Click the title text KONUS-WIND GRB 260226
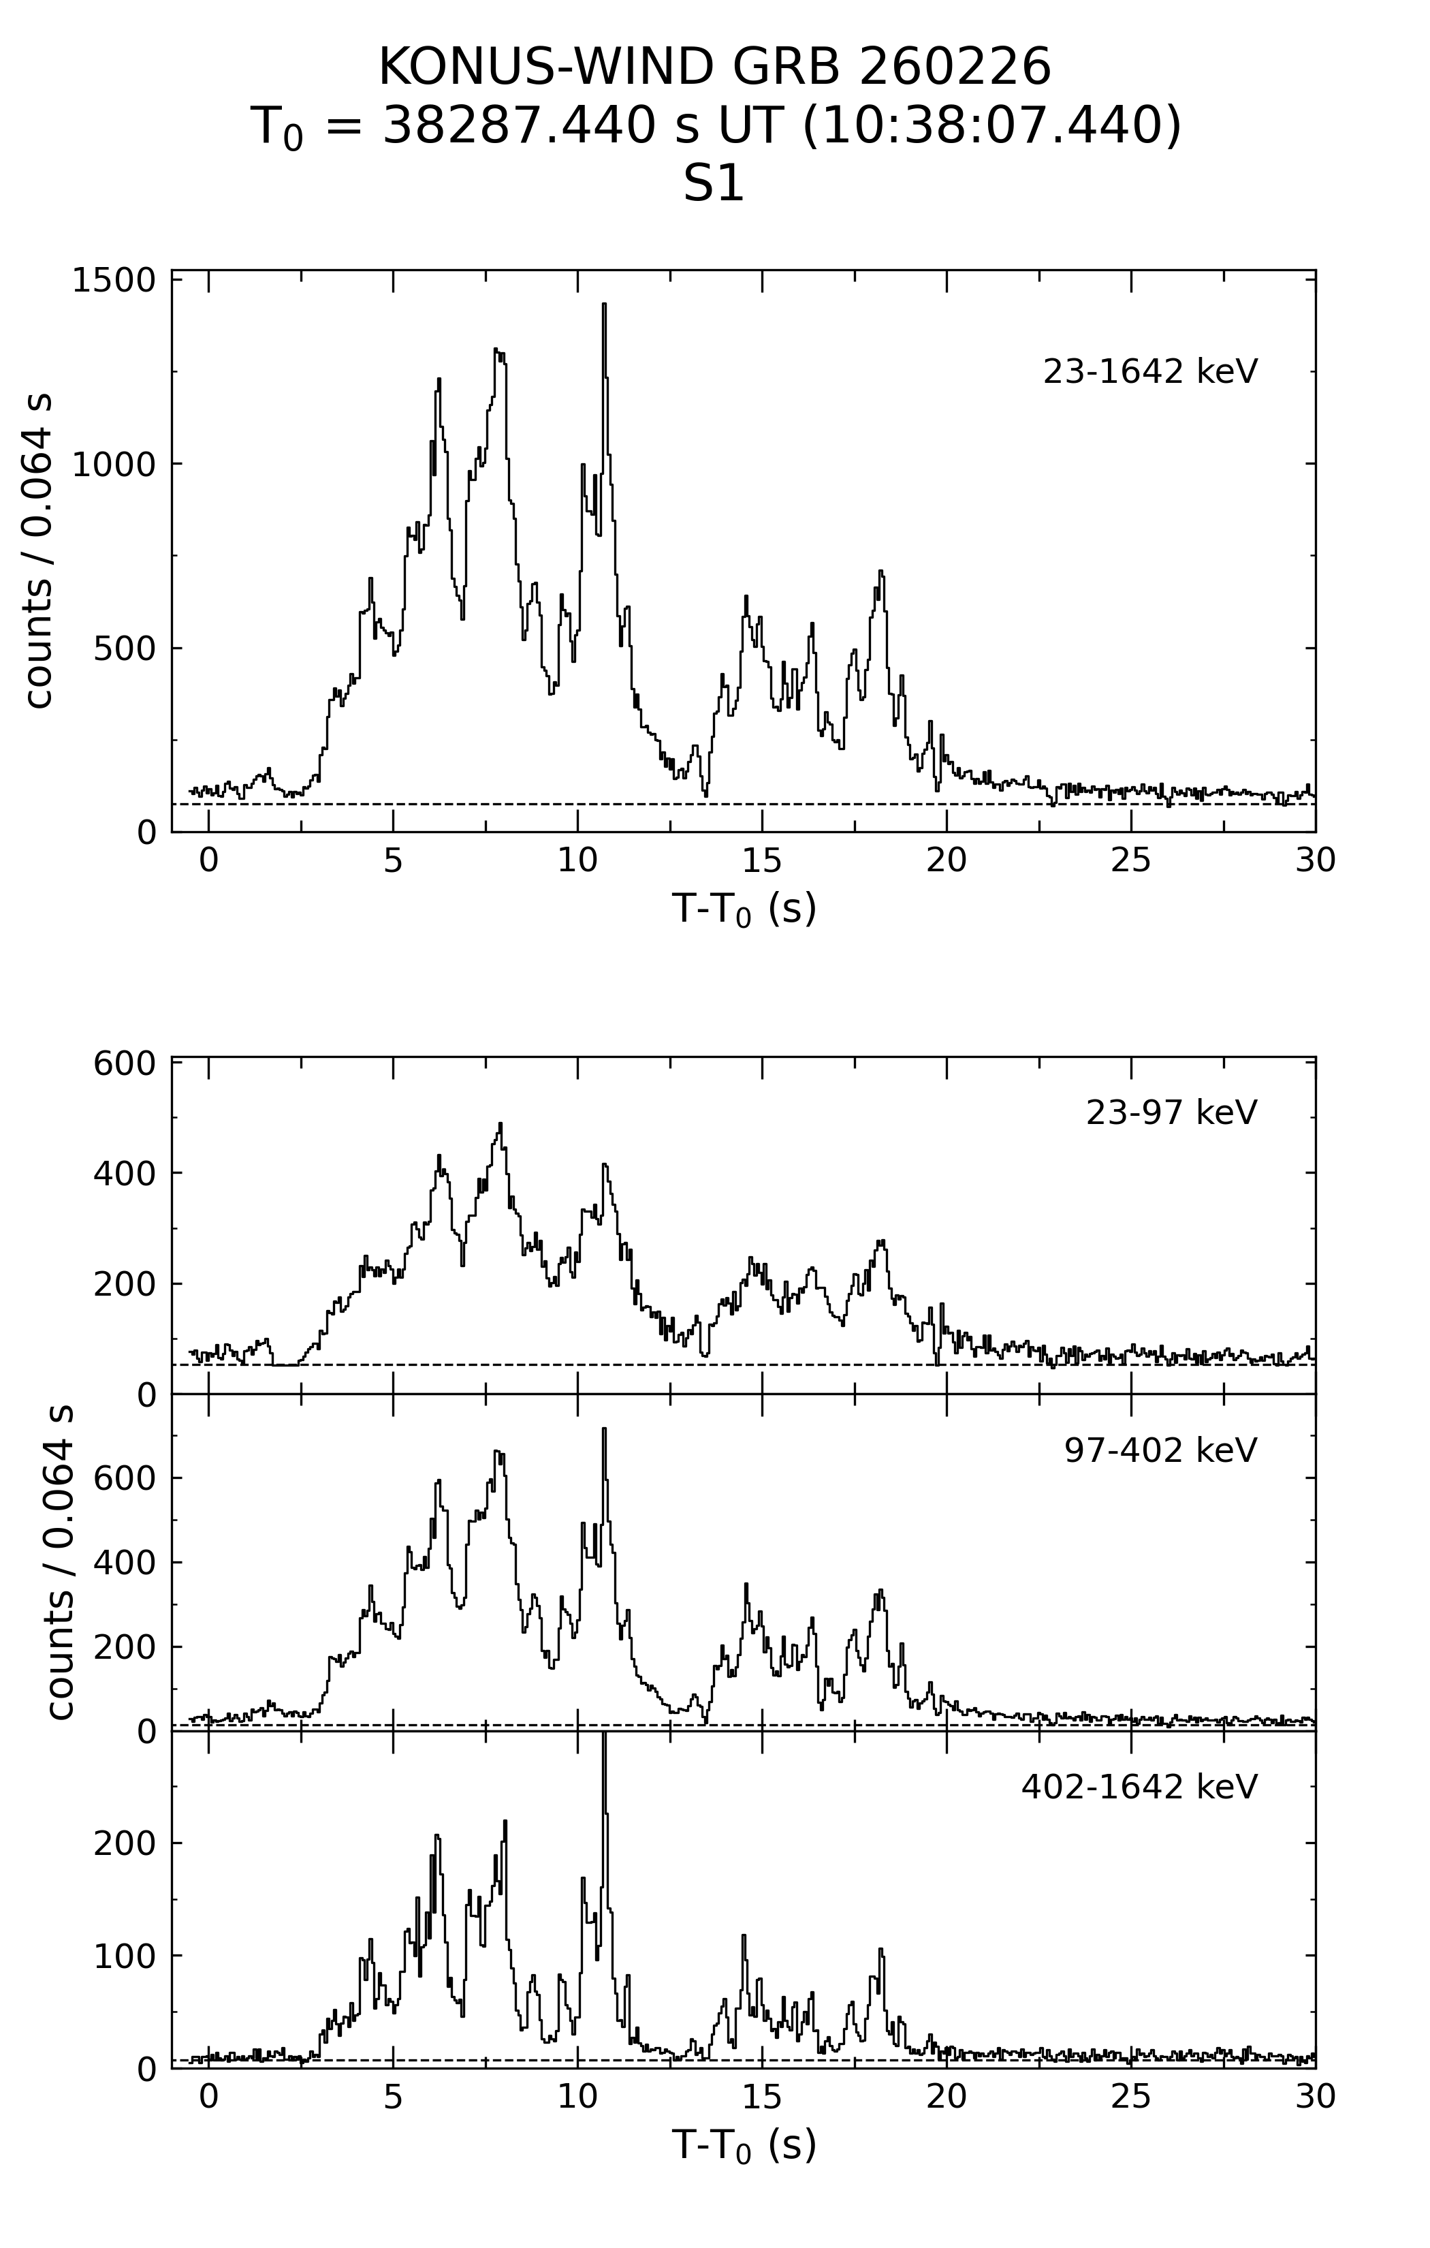pos(714,67)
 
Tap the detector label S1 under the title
pos(714,184)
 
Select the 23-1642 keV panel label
pos(1150,371)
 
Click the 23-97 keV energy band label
pos(1171,1113)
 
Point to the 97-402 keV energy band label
pos(1160,1450)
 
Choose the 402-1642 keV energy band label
pos(1139,1787)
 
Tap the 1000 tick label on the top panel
pos(114,464)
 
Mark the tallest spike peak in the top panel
pos(604,305)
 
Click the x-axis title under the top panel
pos(744,907)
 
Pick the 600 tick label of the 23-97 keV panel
pos(124,1063)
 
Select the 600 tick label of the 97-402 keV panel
pos(124,1478)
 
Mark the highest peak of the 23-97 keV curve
pos(500,1124)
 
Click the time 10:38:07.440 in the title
pos(992,126)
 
